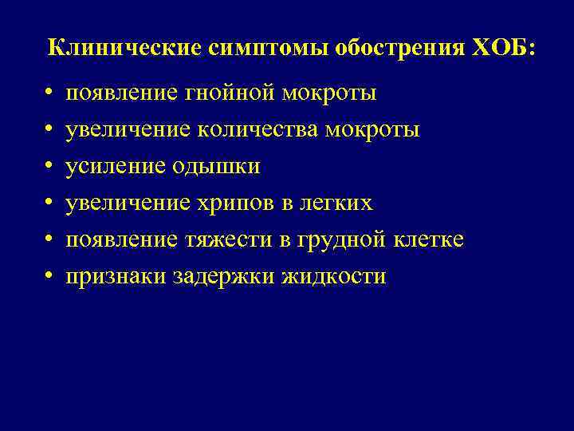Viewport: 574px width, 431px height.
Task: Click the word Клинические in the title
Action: point(124,47)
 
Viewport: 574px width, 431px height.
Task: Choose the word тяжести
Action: point(226,240)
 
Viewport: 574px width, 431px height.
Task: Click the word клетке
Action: point(429,240)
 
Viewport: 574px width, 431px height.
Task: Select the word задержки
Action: point(223,277)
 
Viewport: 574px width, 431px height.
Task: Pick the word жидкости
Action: point(333,277)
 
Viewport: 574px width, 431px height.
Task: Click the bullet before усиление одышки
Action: point(49,167)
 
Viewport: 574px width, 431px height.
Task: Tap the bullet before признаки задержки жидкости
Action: point(49,277)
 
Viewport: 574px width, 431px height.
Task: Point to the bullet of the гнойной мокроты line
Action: point(49,93)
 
